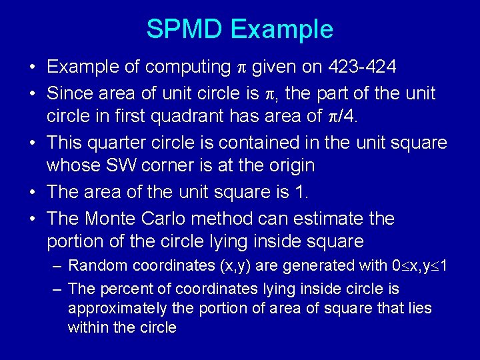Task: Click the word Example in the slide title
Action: click(281, 29)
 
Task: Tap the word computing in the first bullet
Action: click(188, 67)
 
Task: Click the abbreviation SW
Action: click(118, 165)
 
